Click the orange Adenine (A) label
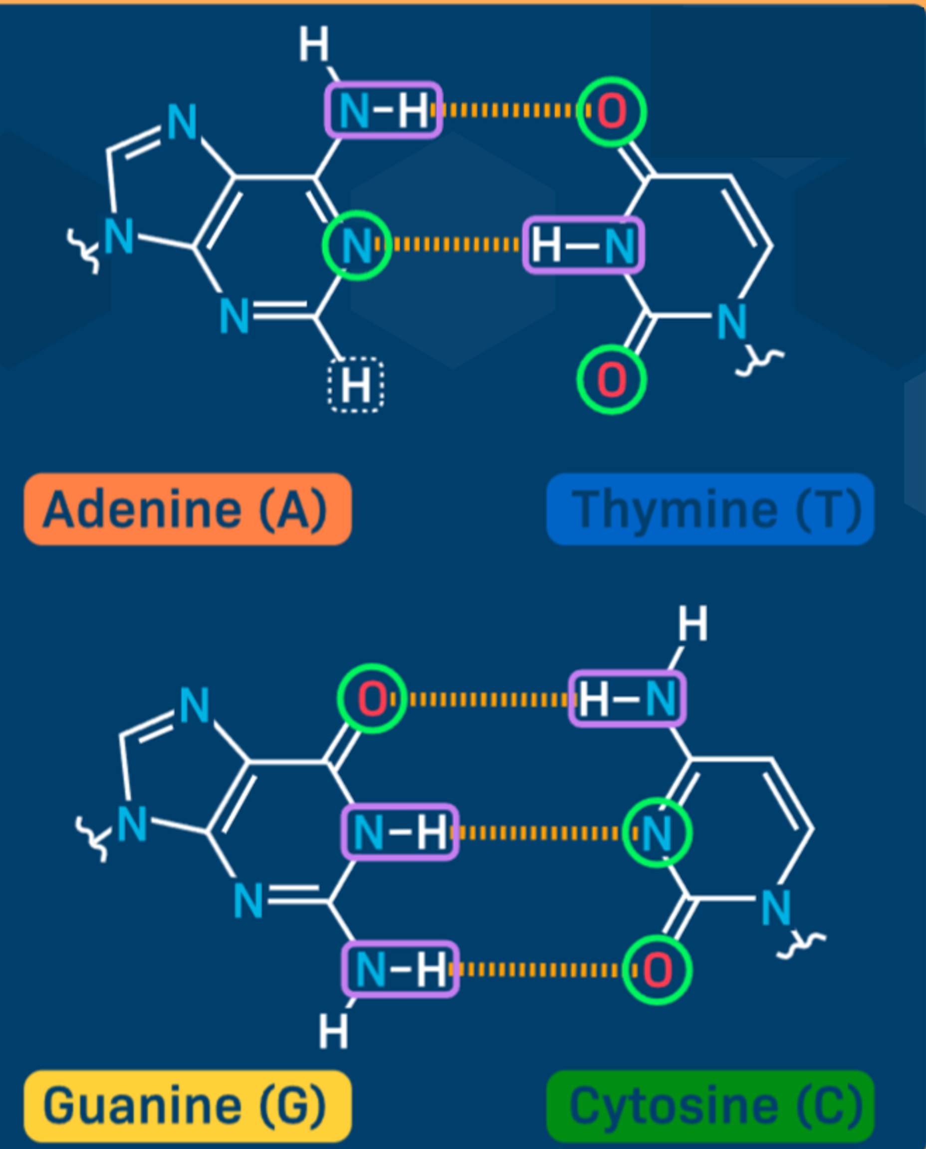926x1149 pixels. point(188,509)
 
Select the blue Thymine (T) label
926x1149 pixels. point(710,509)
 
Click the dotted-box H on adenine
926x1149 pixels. point(356,385)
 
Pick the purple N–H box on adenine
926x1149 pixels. point(384,110)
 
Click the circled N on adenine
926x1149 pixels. point(357,245)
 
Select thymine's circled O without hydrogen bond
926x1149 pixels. point(612,380)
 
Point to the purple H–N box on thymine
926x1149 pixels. point(584,245)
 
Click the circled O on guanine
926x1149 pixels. point(372,699)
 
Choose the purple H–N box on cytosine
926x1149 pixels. point(627,699)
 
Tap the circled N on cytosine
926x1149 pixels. point(658,833)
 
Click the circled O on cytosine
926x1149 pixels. point(658,970)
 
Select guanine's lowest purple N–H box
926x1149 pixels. point(400,969)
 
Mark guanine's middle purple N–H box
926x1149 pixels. point(400,832)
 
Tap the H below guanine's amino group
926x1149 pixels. point(333,1031)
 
